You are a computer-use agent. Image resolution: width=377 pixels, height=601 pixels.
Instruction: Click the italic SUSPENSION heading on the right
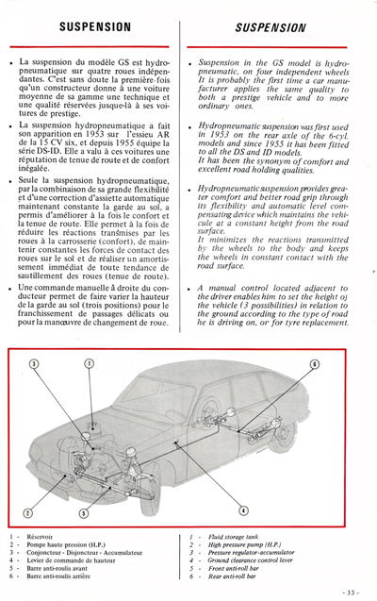coord(279,28)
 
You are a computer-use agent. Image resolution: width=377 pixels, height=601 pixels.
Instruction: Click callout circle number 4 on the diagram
coord(244,511)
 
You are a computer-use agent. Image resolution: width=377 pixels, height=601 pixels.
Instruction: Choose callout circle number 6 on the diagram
coord(314,389)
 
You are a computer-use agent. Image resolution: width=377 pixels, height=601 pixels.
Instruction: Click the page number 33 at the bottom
coord(349,591)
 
